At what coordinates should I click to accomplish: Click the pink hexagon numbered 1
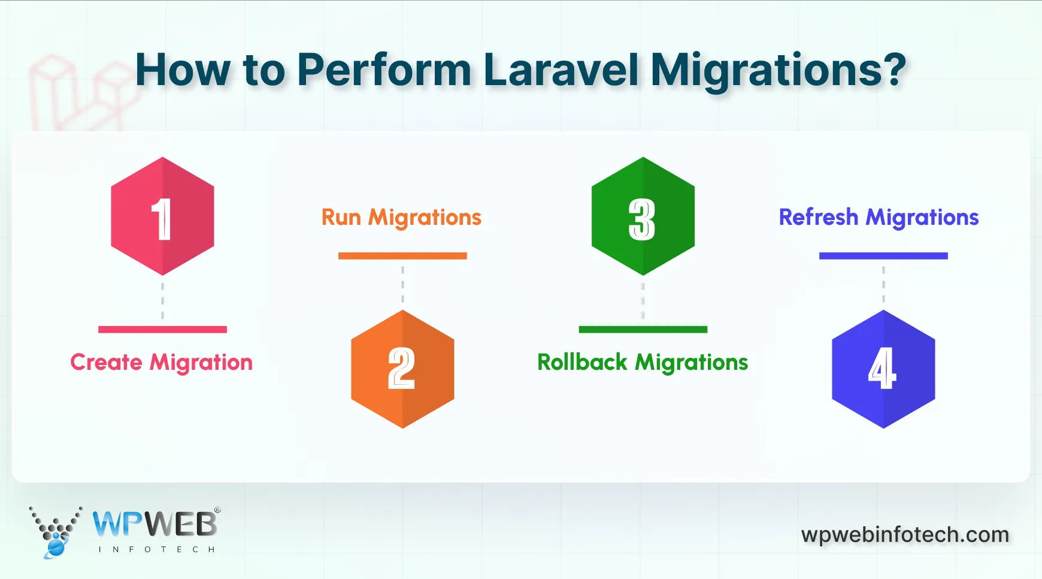(162, 216)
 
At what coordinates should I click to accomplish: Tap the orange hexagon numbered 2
(402, 369)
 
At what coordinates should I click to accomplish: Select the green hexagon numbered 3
(643, 216)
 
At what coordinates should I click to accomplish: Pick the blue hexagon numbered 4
(883, 369)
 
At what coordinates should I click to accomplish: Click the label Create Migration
(161, 363)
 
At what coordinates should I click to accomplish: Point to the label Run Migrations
(401, 218)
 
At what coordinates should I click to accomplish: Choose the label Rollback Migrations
(643, 363)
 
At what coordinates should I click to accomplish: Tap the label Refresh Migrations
(879, 218)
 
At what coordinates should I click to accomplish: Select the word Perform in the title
(384, 70)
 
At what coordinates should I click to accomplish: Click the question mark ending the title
(893, 70)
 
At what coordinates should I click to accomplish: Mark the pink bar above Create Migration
(162, 329)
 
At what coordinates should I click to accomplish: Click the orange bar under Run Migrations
(402, 256)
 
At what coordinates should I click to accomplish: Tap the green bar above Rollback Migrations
(643, 329)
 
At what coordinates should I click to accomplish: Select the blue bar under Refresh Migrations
(883, 256)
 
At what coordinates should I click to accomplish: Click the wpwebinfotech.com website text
(905, 534)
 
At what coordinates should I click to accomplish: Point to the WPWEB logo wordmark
(155, 524)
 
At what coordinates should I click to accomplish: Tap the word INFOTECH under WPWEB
(156, 549)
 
